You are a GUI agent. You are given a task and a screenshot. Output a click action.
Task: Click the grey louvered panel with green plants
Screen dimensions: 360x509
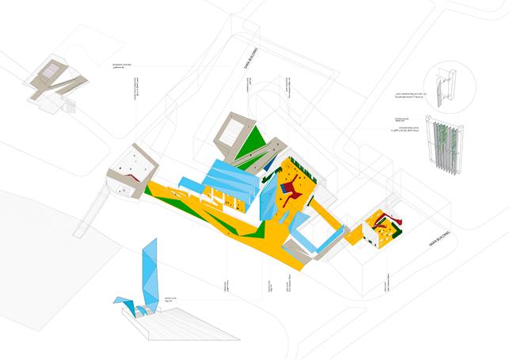point(444,147)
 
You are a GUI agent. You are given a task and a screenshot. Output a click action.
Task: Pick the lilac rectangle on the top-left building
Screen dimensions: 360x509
point(49,72)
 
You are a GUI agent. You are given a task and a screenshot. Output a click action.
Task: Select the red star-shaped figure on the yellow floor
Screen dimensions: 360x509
point(294,187)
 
